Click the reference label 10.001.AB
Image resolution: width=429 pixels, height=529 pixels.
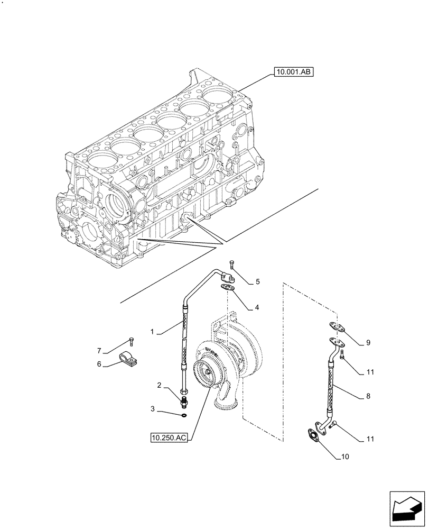pyautogui.click(x=294, y=72)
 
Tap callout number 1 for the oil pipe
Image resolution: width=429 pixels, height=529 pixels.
pyautogui.click(x=152, y=332)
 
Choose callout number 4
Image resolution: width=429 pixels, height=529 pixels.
pyautogui.click(x=256, y=307)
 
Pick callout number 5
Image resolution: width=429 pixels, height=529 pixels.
pyautogui.click(x=257, y=282)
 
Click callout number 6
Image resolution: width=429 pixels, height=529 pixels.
pyautogui.click(x=99, y=364)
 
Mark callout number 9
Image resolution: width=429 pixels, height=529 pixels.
pyautogui.click(x=368, y=343)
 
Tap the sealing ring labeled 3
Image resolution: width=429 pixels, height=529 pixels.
pyautogui.click(x=183, y=415)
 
